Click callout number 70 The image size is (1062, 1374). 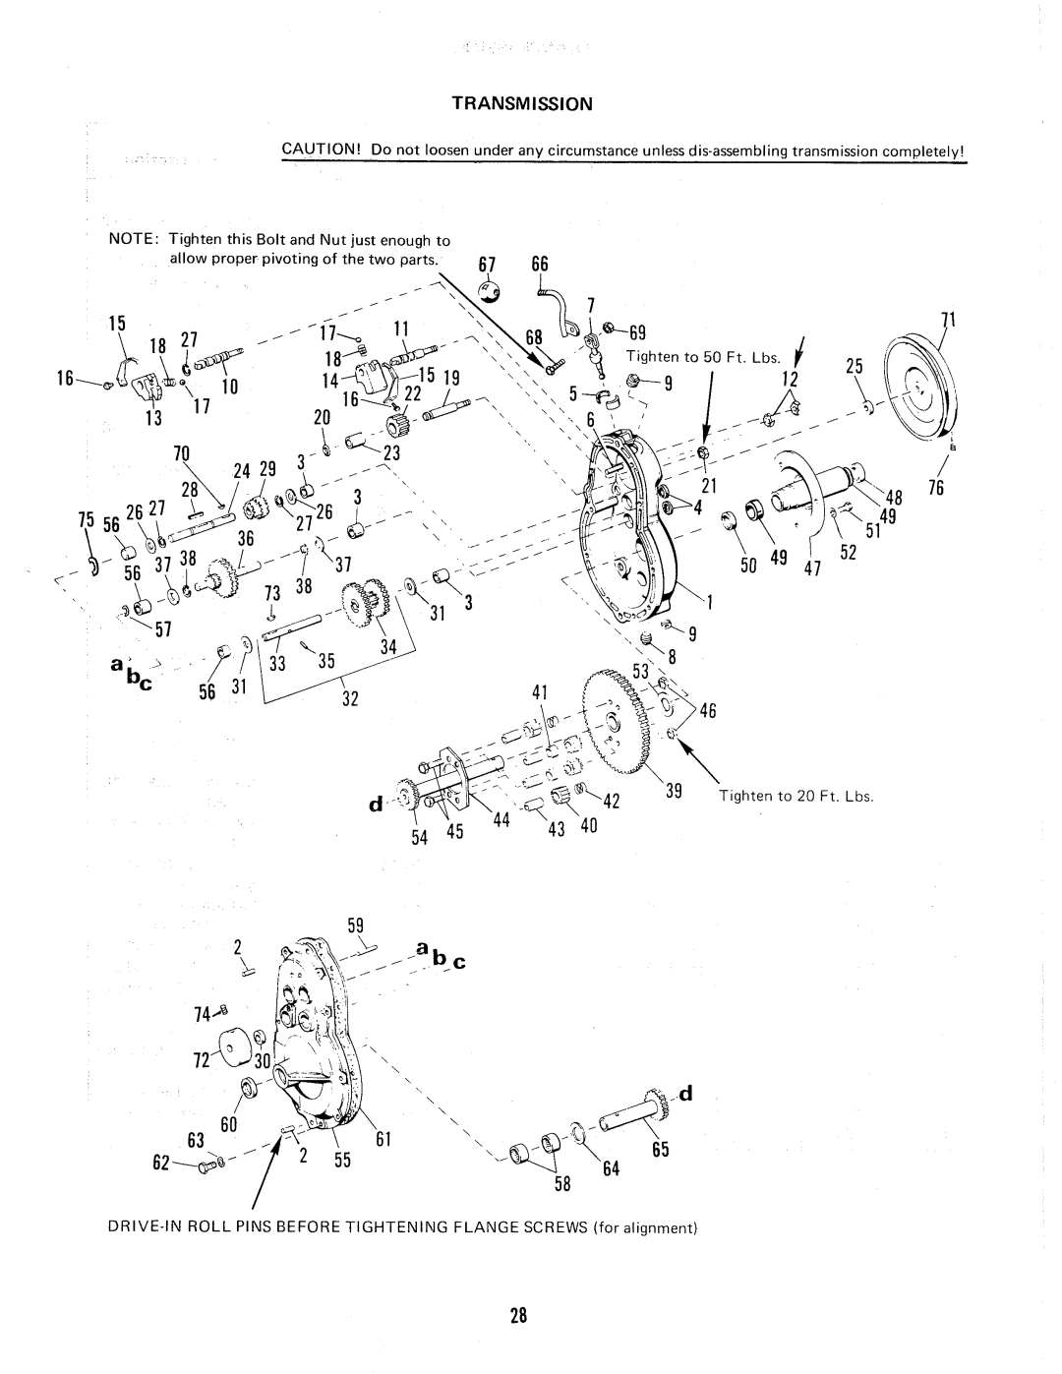click(x=181, y=455)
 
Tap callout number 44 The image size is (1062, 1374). click(x=499, y=819)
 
